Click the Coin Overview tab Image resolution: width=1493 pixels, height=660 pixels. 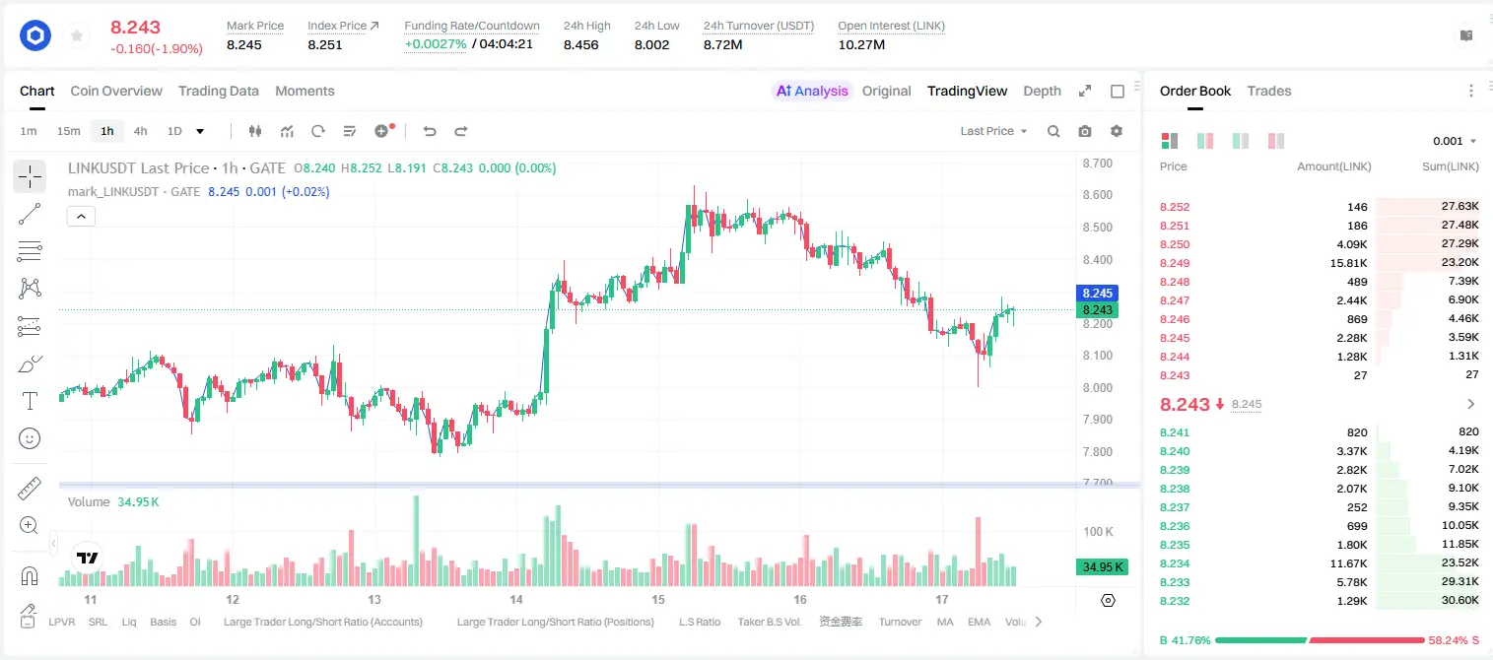(116, 91)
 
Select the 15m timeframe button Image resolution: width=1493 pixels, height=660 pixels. (68, 131)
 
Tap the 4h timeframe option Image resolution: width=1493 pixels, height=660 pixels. (140, 131)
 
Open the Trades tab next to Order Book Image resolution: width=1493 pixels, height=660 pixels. (1269, 91)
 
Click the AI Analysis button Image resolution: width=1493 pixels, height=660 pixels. (812, 91)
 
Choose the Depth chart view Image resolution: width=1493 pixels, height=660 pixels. (1042, 91)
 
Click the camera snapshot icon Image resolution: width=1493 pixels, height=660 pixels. (1085, 131)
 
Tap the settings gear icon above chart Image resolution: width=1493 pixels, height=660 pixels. (1117, 131)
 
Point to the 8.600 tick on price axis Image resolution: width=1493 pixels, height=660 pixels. (1097, 195)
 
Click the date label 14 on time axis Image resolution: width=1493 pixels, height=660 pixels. (515, 599)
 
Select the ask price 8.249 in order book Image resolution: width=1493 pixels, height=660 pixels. (1175, 263)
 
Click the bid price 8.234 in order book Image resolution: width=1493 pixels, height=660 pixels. (1175, 563)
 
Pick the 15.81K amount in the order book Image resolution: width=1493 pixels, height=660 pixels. (1348, 263)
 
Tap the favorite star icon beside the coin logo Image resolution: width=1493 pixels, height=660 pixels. (77, 35)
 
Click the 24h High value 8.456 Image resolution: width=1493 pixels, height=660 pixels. (581, 44)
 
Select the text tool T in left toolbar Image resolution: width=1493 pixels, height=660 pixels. (30, 401)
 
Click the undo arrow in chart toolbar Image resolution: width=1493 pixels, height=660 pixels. (430, 131)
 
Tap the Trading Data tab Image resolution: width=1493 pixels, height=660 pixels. (218, 91)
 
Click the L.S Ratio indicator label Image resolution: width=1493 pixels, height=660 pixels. (699, 622)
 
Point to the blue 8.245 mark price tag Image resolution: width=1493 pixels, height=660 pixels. (1097, 293)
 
